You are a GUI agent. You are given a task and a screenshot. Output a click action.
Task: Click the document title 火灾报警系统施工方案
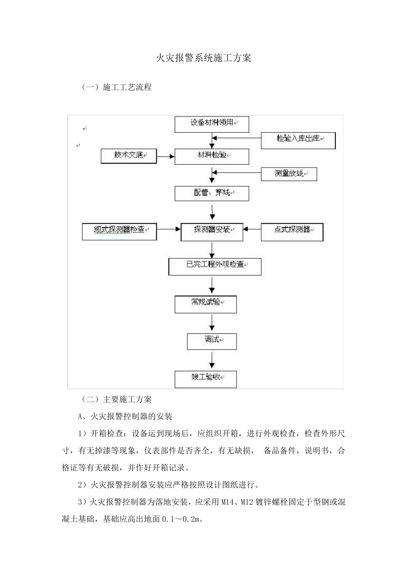203,58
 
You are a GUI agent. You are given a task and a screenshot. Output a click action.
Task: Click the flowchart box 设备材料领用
212,124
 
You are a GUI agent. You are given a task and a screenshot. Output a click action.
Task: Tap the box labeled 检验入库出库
298,140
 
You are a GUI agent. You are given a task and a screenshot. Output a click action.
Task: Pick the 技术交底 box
129,156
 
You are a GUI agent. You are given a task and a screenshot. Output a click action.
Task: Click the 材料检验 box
212,156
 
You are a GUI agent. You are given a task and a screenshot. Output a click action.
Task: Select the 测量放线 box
289,174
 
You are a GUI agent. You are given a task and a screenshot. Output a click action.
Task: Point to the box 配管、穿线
212,193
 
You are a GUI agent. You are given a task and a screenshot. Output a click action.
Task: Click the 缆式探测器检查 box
120,231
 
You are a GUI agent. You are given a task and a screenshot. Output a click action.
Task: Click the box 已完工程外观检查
215,266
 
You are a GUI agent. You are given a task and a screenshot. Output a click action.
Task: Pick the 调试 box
212,341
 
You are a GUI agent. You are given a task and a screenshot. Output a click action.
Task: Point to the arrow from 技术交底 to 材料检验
166,156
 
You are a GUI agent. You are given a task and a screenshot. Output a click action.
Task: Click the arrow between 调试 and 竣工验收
212,360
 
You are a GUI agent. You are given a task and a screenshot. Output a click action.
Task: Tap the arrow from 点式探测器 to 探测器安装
252,229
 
